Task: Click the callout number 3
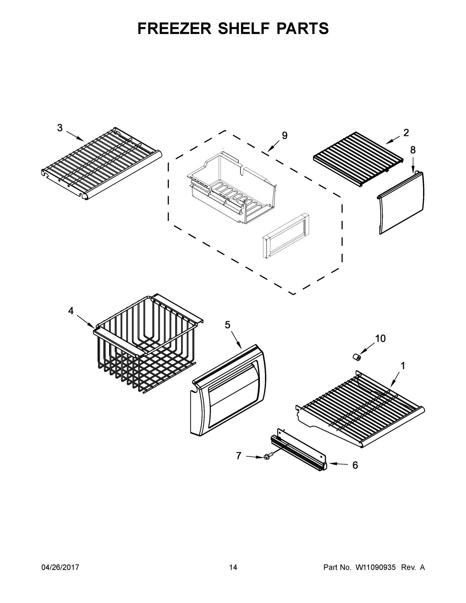(60, 128)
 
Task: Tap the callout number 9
(285, 136)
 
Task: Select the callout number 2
(406, 133)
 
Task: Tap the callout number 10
(380, 338)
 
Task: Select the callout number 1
(403, 366)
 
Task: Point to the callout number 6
(355, 465)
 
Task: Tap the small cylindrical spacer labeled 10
(357, 357)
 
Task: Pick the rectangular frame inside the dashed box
(286, 236)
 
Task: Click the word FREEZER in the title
(174, 28)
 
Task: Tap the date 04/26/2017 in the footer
(60, 567)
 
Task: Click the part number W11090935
(376, 567)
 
